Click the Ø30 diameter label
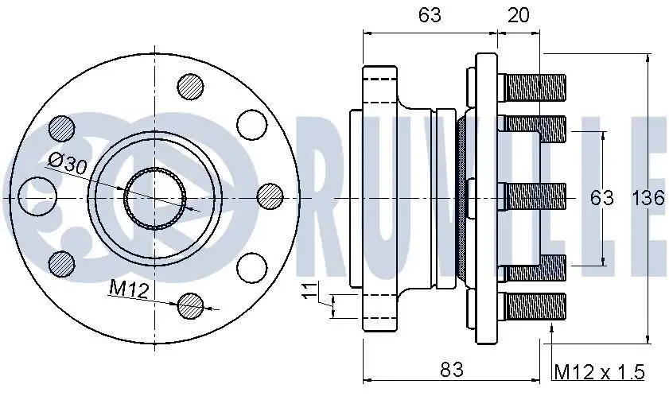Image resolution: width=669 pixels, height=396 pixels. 68,164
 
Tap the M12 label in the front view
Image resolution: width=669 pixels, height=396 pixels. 129,289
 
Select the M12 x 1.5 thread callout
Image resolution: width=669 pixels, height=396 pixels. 599,372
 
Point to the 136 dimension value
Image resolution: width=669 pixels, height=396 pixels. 648,198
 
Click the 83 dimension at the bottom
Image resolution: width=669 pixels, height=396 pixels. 451,369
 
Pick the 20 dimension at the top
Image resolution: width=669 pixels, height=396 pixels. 519,15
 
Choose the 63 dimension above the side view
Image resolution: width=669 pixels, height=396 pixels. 430,15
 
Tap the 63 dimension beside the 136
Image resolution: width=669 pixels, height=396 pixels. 601,198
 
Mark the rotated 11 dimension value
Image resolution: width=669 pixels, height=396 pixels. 309,290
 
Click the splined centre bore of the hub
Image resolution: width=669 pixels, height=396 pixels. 155,199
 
